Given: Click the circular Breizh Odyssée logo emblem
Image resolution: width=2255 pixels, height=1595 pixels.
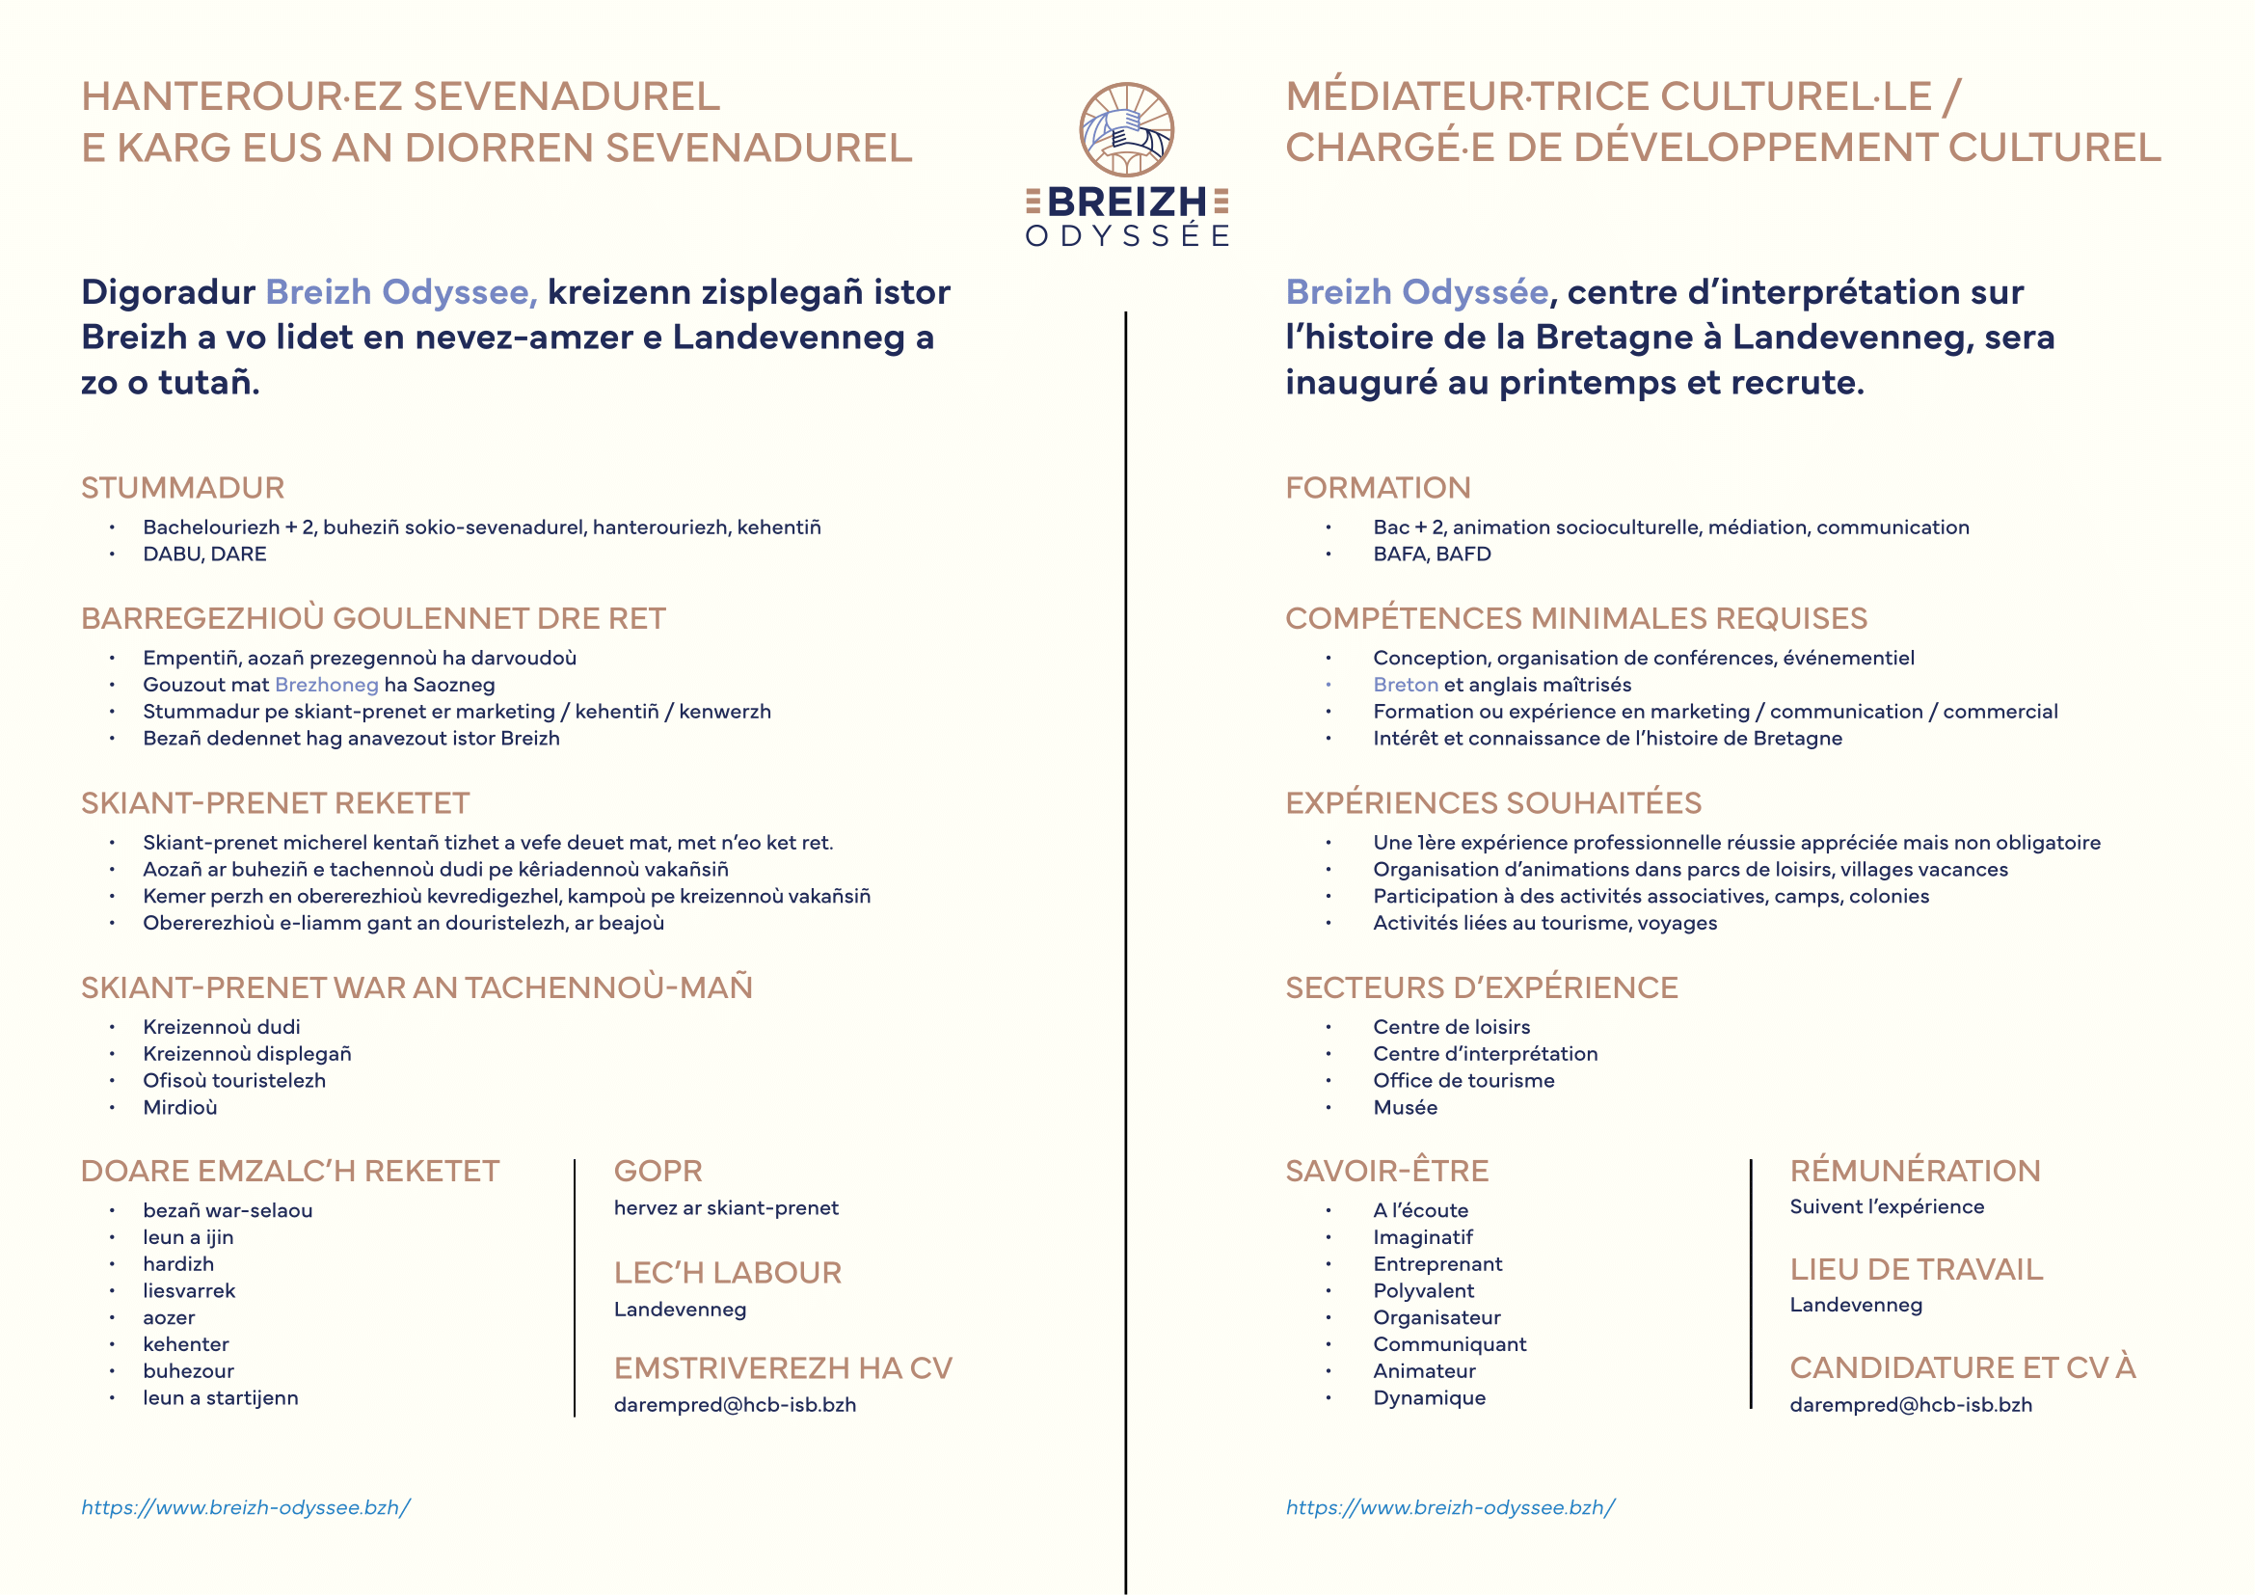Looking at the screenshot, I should pos(1126,129).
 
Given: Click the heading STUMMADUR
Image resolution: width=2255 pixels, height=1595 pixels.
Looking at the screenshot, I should pos(182,488).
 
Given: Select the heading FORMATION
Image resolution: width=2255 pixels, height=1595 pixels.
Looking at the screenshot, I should pos(1378,488).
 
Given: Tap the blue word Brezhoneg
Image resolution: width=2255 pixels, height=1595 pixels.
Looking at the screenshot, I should pos(326,685).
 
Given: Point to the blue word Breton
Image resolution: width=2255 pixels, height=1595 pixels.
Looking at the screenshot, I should pos(1406,685).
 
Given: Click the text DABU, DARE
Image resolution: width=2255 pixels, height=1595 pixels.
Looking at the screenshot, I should pos(204,554).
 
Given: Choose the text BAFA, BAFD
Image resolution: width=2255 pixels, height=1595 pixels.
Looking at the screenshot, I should pos(1432,554).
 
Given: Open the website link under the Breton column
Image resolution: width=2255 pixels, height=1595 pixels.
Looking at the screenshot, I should pos(246,1507).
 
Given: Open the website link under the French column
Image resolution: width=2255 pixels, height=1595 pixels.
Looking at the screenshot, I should pos(1451,1507).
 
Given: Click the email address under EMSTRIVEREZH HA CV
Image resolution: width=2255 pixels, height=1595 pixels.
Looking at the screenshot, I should pos(735,1405).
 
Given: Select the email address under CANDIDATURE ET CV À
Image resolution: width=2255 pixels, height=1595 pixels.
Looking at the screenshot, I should pos(1910,1405).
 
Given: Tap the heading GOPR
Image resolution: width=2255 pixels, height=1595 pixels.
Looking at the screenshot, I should pos(658,1171).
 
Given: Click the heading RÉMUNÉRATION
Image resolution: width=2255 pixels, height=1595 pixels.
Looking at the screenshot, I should pos(1916,1171).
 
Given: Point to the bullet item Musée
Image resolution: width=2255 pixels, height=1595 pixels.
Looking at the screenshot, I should pos(1406,1108).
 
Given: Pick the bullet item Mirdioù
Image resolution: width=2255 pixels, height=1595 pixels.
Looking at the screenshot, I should pos(179,1108).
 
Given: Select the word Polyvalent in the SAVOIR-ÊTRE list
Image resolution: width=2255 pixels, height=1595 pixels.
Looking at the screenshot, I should pos(1423,1291).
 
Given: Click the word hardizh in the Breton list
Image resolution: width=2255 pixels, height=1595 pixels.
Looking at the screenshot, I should pos(177,1265).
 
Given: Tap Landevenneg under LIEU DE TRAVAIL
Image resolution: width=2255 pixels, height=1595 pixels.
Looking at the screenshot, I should pos(1856,1306).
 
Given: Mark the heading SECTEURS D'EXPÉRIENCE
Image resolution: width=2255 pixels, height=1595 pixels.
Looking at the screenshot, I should pos(1481,988).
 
